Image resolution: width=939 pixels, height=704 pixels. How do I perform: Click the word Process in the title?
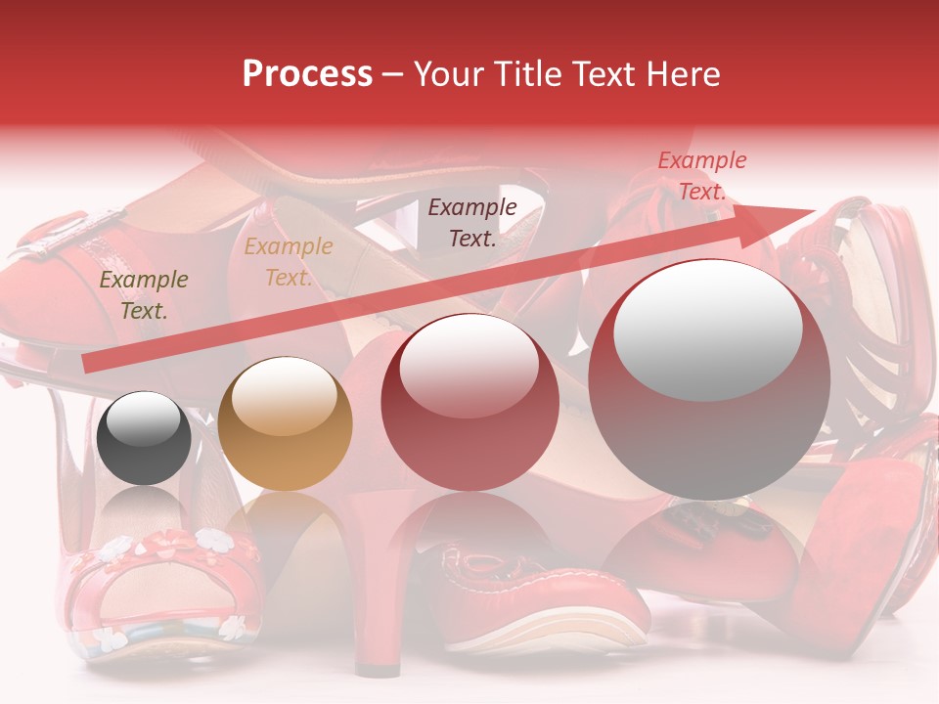(307, 73)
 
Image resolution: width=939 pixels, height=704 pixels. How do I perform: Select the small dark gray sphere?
(145, 438)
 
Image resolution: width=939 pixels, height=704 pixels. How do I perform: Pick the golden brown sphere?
(285, 423)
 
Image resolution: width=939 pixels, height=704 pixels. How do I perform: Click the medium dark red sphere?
(469, 402)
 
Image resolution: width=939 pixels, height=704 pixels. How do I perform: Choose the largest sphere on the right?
(709, 379)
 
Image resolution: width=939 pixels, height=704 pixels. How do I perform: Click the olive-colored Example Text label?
(144, 295)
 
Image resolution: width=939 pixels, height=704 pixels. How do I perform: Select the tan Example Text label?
(288, 262)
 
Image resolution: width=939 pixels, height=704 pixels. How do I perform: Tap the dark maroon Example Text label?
(472, 222)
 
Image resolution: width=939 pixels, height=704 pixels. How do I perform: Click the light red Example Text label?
(701, 176)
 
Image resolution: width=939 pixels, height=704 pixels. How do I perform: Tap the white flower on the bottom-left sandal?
(212, 538)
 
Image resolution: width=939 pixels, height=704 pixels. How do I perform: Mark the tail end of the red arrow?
(88, 364)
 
